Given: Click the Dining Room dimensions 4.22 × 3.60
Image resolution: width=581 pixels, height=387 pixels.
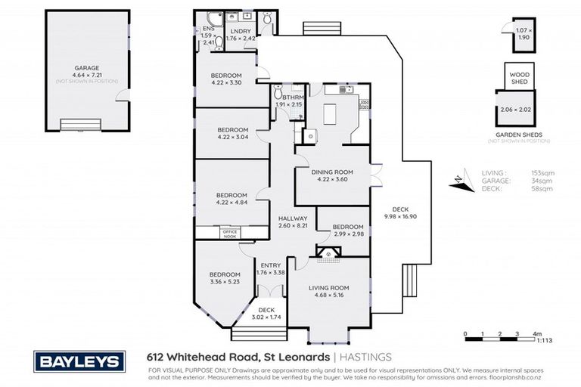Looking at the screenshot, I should (x=332, y=179).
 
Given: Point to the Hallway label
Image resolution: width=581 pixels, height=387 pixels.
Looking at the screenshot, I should (x=291, y=218).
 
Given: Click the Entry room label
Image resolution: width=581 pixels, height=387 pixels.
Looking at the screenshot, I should (x=270, y=265).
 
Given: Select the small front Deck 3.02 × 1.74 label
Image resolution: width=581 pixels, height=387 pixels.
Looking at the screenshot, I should (x=267, y=310).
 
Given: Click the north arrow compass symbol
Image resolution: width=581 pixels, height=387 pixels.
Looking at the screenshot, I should (x=457, y=180).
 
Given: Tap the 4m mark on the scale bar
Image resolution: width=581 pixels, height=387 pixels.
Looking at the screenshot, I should (x=536, y=333).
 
